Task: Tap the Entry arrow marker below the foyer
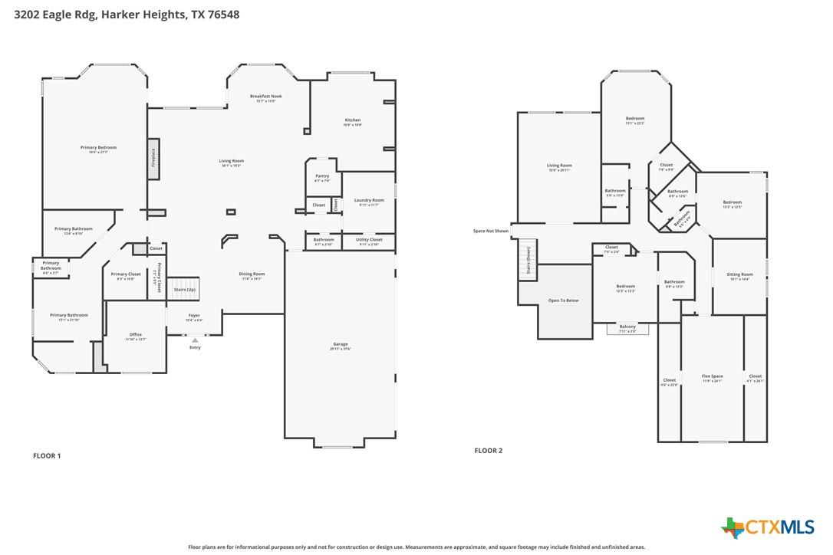[x=195, y=340]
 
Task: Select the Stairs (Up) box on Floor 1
[x=184, y=290]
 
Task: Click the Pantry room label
[x=322, y=176]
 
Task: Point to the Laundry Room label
[x=369, y=201]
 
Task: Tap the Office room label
[x=136, y=335]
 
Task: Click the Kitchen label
[x=352, y=120]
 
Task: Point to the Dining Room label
[x=252, y=274]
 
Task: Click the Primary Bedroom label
[x=98, y=148]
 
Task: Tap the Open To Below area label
[x=563, y=300]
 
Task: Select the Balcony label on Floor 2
[x=627, y=327]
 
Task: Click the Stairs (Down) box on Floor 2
[x=528, y=259]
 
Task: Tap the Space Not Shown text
[x=491, y=231]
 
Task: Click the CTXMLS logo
[x=768, y=527]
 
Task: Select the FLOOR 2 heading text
[x=489, y=451]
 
